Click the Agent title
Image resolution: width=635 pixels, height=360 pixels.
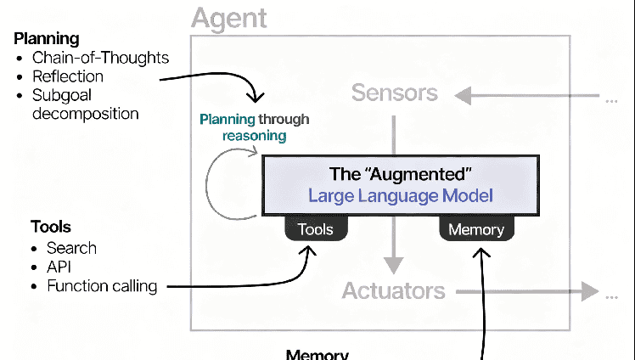(x=229, y=17)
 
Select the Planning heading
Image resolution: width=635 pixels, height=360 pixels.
(x=47, y=39)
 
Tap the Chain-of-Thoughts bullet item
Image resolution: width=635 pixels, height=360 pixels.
(x=100, y=58)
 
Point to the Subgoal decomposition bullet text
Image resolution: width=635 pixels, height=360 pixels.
(x=85, y=104)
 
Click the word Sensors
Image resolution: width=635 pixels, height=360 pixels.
(x=394, y=93)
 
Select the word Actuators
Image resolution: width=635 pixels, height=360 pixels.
(x=393, y=291)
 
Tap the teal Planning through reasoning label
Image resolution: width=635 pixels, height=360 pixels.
(x=254, y=127)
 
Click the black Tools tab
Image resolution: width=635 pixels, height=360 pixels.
(x=315, y=229)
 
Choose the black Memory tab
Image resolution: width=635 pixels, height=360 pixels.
(x=475, y=229)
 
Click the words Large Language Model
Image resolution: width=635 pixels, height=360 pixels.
(x=401, y=196)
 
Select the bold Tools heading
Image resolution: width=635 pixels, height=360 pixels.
(x=50, y=227)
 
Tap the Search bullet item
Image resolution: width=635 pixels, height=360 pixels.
(x=72, y=248)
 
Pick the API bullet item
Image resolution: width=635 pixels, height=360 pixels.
(x=60, y=267)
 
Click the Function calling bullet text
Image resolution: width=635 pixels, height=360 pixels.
(x=102, y=286)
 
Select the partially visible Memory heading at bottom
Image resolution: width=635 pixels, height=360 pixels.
(x=317, y=355)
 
